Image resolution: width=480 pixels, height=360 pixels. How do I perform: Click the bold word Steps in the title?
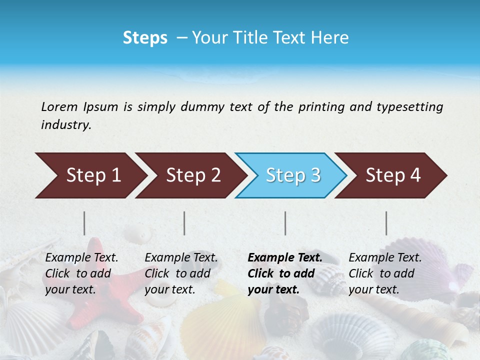145,38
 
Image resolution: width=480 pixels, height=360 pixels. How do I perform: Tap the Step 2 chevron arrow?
190,175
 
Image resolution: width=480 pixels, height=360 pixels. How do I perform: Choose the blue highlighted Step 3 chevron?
291,175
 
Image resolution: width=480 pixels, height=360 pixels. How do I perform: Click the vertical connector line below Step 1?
84,223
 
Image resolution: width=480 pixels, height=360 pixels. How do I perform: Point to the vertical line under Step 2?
184,223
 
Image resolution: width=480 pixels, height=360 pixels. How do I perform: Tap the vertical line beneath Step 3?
285,223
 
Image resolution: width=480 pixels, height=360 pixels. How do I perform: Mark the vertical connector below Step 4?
386,223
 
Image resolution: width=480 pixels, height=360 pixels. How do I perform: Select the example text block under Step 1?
81,273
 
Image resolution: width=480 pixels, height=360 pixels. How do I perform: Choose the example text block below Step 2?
181,273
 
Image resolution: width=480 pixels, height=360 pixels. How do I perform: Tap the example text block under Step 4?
385,273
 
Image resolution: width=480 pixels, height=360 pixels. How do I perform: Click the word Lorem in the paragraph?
59,106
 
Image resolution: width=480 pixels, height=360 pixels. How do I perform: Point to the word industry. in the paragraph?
66,125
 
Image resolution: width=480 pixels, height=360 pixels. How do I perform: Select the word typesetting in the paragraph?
409,107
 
